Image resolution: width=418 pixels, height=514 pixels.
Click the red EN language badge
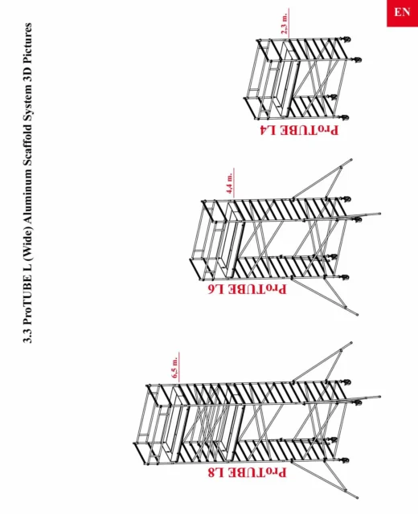402,13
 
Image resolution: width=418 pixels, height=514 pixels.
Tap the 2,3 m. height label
285,23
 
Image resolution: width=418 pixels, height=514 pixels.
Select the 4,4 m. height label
230,183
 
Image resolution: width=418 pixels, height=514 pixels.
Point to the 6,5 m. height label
175,367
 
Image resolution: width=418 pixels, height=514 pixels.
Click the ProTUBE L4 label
299,130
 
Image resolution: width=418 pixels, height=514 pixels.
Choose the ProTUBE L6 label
247,289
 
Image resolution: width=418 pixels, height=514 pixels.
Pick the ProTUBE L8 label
247,472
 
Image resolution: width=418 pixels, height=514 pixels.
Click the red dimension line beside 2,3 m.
289,23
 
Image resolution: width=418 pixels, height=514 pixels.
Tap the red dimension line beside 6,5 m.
179,368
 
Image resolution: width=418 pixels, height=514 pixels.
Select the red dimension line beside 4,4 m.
234,184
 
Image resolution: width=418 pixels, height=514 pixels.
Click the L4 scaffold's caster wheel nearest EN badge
347,40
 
